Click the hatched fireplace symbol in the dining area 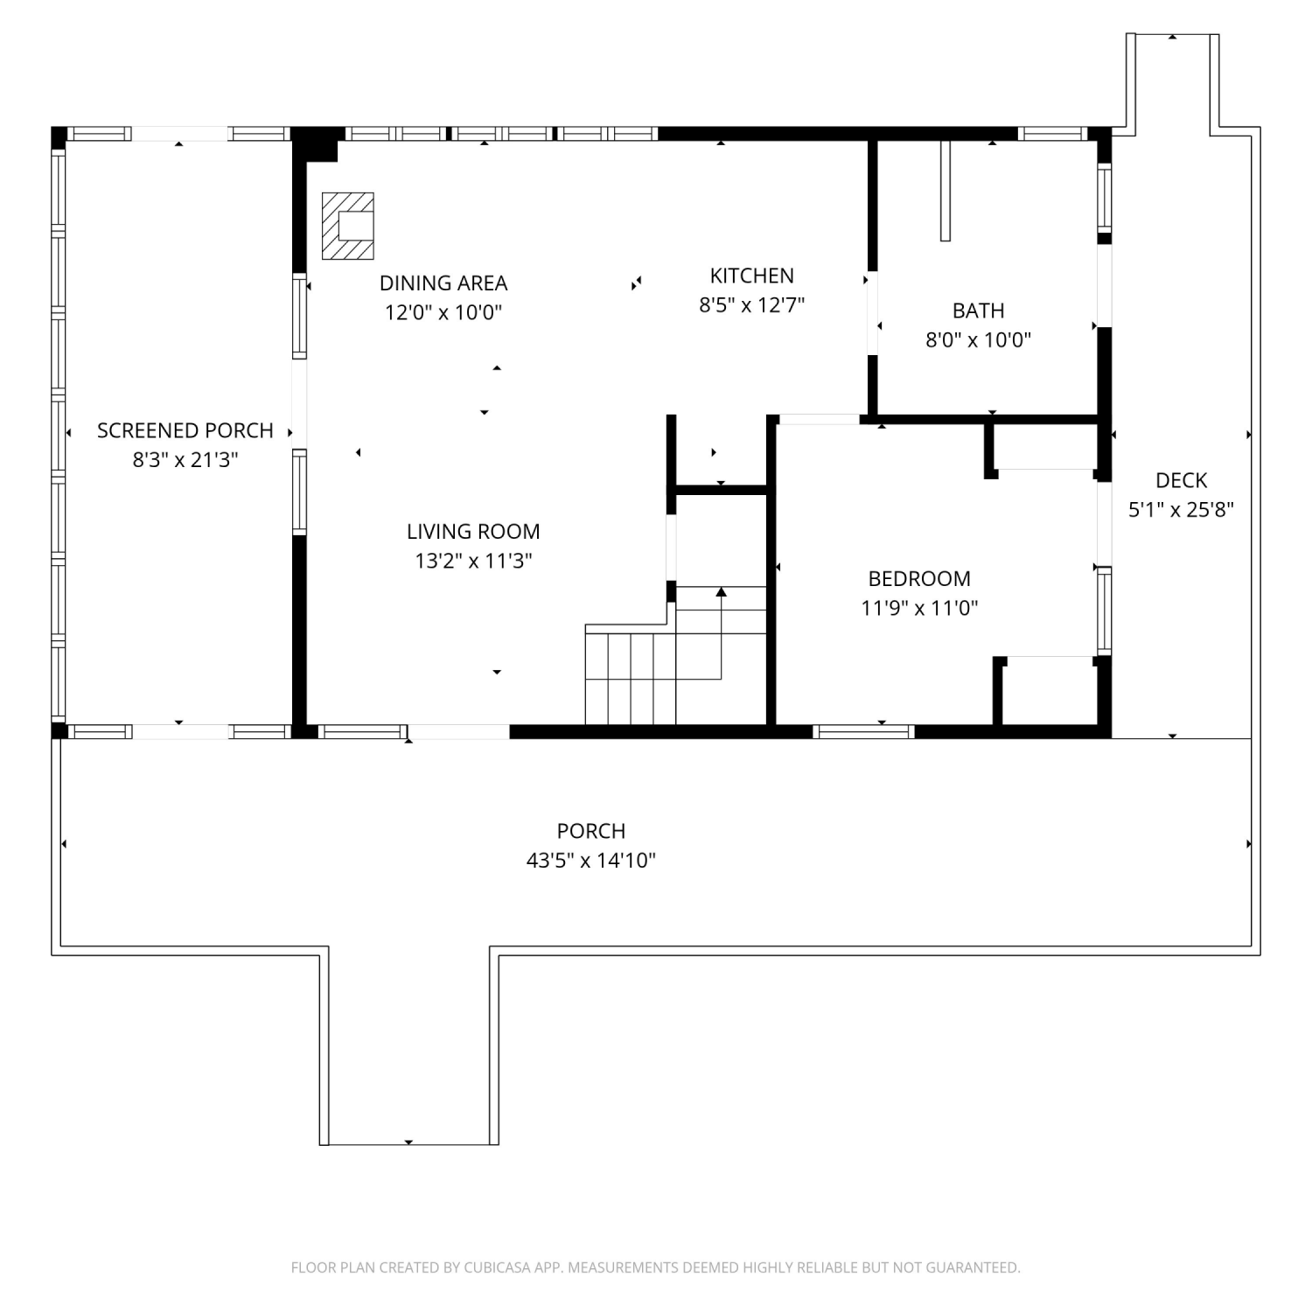click(x=348, y=226)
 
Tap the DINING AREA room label click(x=443, y=283)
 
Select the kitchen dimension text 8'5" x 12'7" click(x=751, y=305)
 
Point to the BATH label click(x=978, y=311)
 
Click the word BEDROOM click(x=919, y=578)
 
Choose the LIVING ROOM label click(x=473, y=531)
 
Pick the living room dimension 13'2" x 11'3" click(x=473, y=561)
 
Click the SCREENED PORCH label click(x=185, y=430)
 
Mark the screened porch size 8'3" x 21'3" click(x=185, y=460)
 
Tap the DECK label click(x=1181, y=480)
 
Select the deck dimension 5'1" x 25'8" click(x=1181, y=510)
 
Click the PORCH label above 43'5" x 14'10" click(x=591, y=831)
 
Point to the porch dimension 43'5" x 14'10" click(x=591, y=861)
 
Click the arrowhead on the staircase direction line click(x=722, y=592)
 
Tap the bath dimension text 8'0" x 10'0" click(x=978, y=340)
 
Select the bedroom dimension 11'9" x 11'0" click(x=919, y=608)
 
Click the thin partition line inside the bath click(x=946, y=190)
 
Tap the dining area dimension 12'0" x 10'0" click(x=443, y=313)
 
